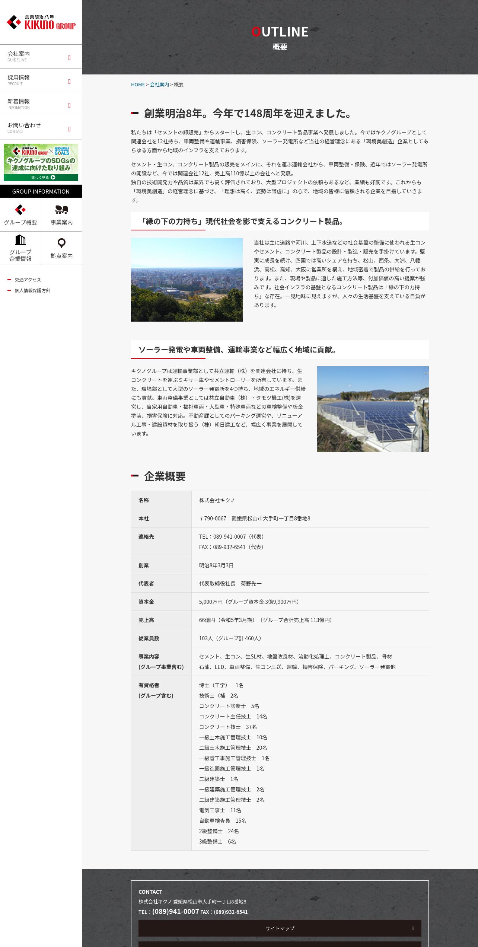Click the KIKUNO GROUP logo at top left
click(x=41, y=22)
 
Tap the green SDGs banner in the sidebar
click(x=41, y=162)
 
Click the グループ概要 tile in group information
click(x=20, y=215)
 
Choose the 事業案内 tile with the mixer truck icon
click(x=61, y=215)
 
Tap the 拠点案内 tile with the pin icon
click(x=61, y=248)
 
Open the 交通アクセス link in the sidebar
click(x=28, y=280)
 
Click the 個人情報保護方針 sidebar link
click(x=32, y=291)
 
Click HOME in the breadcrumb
click(x=138, y=85)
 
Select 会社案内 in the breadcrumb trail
click(x=159, y=85)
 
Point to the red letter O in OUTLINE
click(x=256, y=32)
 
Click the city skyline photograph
click(x=187, y=280)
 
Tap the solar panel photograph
click(x=373, y=409)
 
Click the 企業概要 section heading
click(x=165, y=476)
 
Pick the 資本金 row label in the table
click(x=146, y=602)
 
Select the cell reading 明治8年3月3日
click(x=216, y=565)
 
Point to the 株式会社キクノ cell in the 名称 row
click(x=217, y=500)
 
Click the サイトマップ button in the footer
click(x=280, y=928)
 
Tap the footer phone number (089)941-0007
click(x=176, y=911)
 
